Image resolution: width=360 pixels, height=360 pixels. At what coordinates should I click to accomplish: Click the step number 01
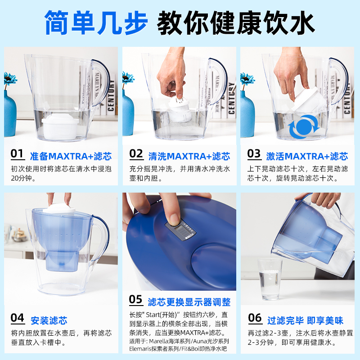(17, 153)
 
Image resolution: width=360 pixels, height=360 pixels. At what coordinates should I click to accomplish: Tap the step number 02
(136, 153)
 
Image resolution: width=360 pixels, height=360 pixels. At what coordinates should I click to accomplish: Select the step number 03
(254, 153)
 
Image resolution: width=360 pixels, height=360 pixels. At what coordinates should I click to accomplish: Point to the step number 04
(18, 318)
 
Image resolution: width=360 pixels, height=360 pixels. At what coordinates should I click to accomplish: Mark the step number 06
(255, 318)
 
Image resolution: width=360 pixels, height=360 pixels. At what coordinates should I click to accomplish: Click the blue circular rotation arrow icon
(304, 127)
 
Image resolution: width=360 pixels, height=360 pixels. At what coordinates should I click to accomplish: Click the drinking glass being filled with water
(270, 279)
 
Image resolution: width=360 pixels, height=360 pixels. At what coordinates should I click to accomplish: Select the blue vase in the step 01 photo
(10, 114)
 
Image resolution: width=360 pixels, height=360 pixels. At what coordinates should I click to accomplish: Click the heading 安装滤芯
(49, 320)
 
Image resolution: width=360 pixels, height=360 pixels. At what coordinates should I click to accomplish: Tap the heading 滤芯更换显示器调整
(189, 302)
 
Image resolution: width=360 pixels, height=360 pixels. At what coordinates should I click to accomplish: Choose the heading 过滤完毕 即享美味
(305, 320)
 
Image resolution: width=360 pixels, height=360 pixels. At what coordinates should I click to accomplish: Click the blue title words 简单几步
(96, 22)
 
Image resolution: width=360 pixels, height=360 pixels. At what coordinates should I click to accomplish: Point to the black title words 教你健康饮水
(236, 22)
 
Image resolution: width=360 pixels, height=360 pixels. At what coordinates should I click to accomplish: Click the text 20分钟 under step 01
(21, 178)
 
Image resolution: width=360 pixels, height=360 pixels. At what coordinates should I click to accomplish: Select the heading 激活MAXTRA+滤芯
(307, 156)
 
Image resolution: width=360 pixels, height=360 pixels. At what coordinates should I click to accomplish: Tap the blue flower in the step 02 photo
(128, 78)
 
